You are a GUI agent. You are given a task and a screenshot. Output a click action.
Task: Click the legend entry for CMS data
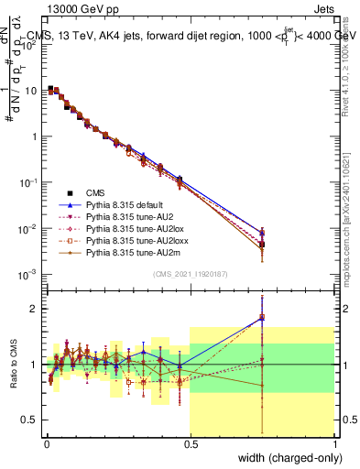pos(97,192)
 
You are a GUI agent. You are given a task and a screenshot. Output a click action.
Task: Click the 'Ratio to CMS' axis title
pos(12,365)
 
